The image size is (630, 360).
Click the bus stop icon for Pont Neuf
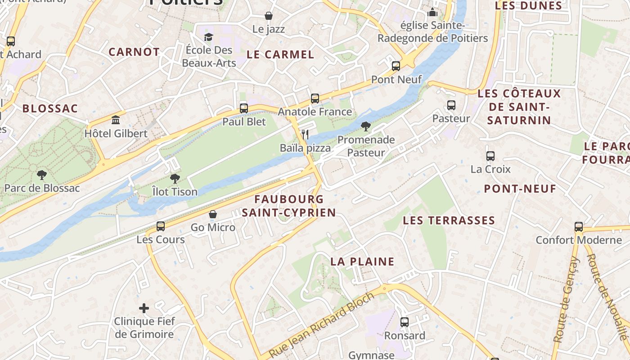coord(396,66)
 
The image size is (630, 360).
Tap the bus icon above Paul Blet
coord(244,108)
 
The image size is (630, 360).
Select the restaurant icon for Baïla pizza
coord(305,134)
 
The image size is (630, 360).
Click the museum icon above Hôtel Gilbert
coord(116,120)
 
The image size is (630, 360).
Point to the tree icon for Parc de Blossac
coord(42,175)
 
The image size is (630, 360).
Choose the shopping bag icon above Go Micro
coord(213,214)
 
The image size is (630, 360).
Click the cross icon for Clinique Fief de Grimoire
coord(144,308)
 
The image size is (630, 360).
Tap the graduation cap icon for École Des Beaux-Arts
coord(208,36)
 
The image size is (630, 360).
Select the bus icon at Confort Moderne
coord(579,226)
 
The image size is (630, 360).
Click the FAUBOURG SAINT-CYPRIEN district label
coord(288,206)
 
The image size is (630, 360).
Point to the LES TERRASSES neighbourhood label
coord(449,220)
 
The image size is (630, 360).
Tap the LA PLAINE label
coord(362,261)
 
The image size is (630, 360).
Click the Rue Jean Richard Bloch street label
coord(321,325)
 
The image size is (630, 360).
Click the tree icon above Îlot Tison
coord(175,179)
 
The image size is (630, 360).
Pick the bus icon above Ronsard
coord(405,322)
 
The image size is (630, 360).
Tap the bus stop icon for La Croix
coord(490,156)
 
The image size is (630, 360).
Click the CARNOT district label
coord(134,52)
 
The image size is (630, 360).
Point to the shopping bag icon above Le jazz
coord(269,16)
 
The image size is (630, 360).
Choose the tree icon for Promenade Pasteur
coord(366,126)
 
